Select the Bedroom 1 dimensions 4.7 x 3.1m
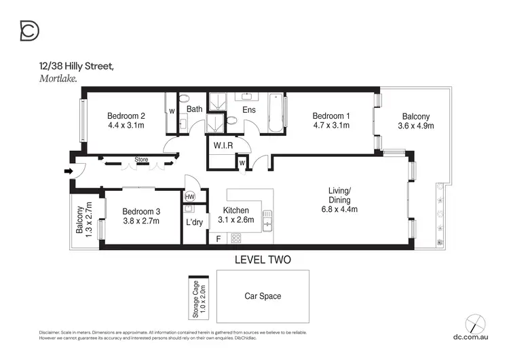331,125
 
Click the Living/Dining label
339,196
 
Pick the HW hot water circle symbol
191,196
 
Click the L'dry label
195,222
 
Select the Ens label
248,109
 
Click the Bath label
195,109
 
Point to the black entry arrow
67,171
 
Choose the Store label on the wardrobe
141,160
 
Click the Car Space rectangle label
262,296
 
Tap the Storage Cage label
195,298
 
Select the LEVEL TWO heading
262,259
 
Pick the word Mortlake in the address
58,79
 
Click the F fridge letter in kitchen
218,238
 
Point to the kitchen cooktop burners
237,238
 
